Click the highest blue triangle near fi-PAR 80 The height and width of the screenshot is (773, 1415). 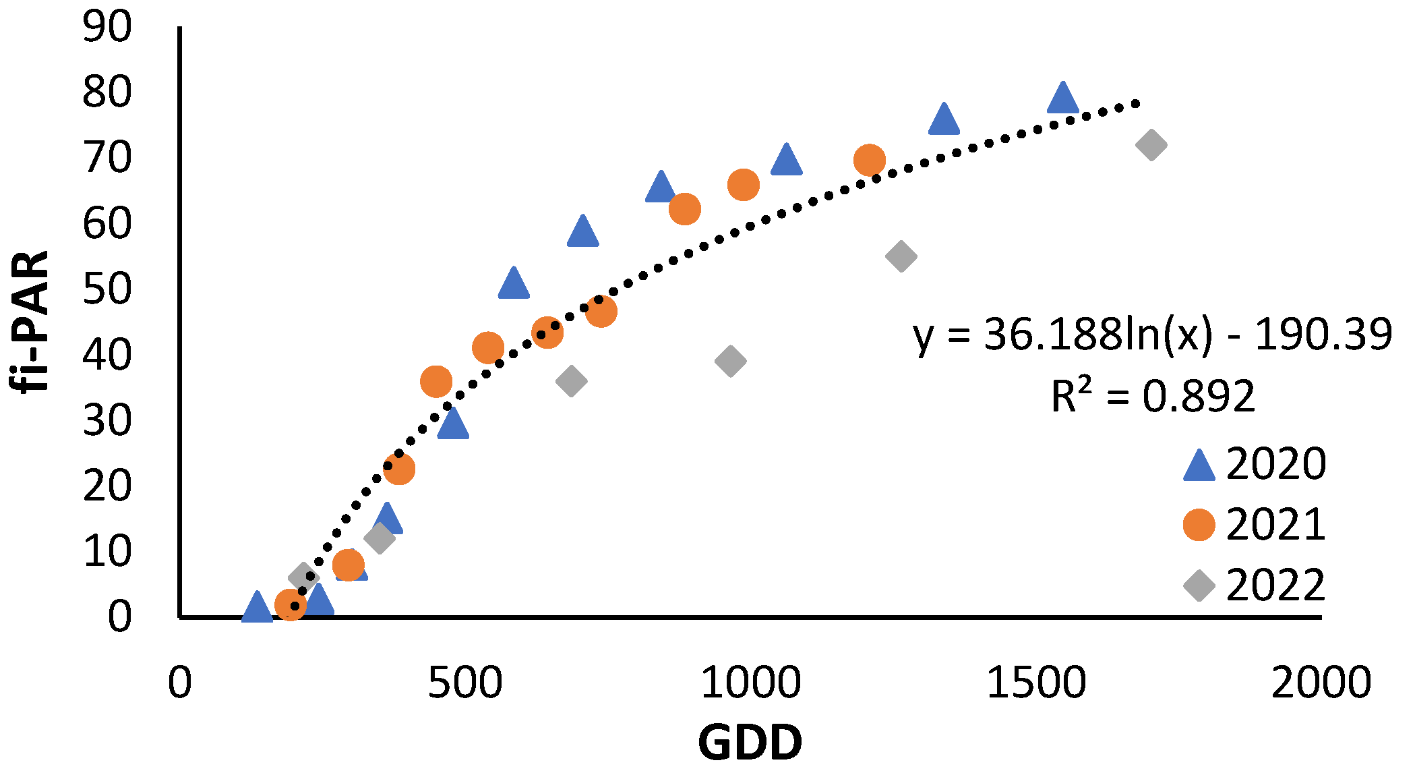1062,99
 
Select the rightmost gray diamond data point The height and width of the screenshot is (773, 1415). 1151,145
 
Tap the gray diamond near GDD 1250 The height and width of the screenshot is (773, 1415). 901,256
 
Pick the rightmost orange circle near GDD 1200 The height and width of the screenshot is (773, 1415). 869,161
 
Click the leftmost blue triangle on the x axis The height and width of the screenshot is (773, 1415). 257,608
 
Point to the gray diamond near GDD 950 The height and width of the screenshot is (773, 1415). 730,361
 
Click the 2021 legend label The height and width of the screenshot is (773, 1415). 1275,525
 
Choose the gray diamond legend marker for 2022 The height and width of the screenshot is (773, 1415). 1199,585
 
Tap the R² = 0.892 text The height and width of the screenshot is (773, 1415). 1153,396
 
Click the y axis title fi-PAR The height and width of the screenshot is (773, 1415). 30,321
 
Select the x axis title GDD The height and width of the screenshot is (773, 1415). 750,743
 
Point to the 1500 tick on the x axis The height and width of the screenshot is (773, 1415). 1036,683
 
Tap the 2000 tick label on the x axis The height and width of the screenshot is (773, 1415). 1321,683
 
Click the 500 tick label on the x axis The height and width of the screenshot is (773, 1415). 464,683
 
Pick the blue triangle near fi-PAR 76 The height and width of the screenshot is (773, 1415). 943,121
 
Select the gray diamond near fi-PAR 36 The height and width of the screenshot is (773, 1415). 571,382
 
